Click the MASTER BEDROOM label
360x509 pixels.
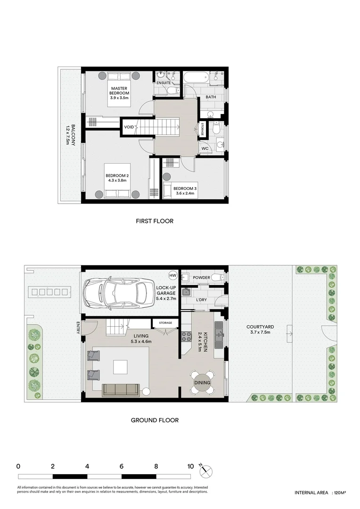point(119,93)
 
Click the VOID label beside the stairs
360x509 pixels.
point(129,127)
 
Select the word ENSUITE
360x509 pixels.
point(164,83)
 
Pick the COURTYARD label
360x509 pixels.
point(260,329)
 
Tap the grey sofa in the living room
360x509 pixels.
point(121,389)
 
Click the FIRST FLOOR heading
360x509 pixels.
point(155,221)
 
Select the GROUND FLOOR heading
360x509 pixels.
point(155,420)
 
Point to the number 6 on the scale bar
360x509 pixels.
point(122,466)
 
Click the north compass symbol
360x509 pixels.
point(206,470)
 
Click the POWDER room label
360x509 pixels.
point(201,278)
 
